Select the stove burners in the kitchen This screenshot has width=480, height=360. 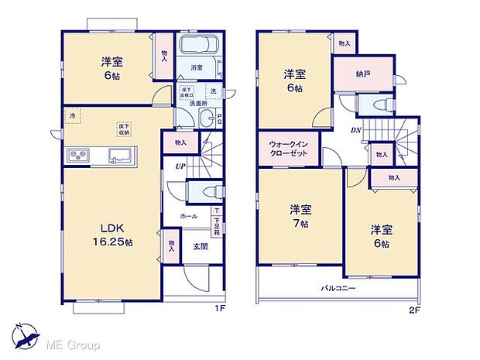tap(78, 153)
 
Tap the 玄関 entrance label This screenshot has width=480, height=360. tap(197, 247)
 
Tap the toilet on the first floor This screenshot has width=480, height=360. tap(204, 190)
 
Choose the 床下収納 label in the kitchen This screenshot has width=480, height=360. tap(123, 129)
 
